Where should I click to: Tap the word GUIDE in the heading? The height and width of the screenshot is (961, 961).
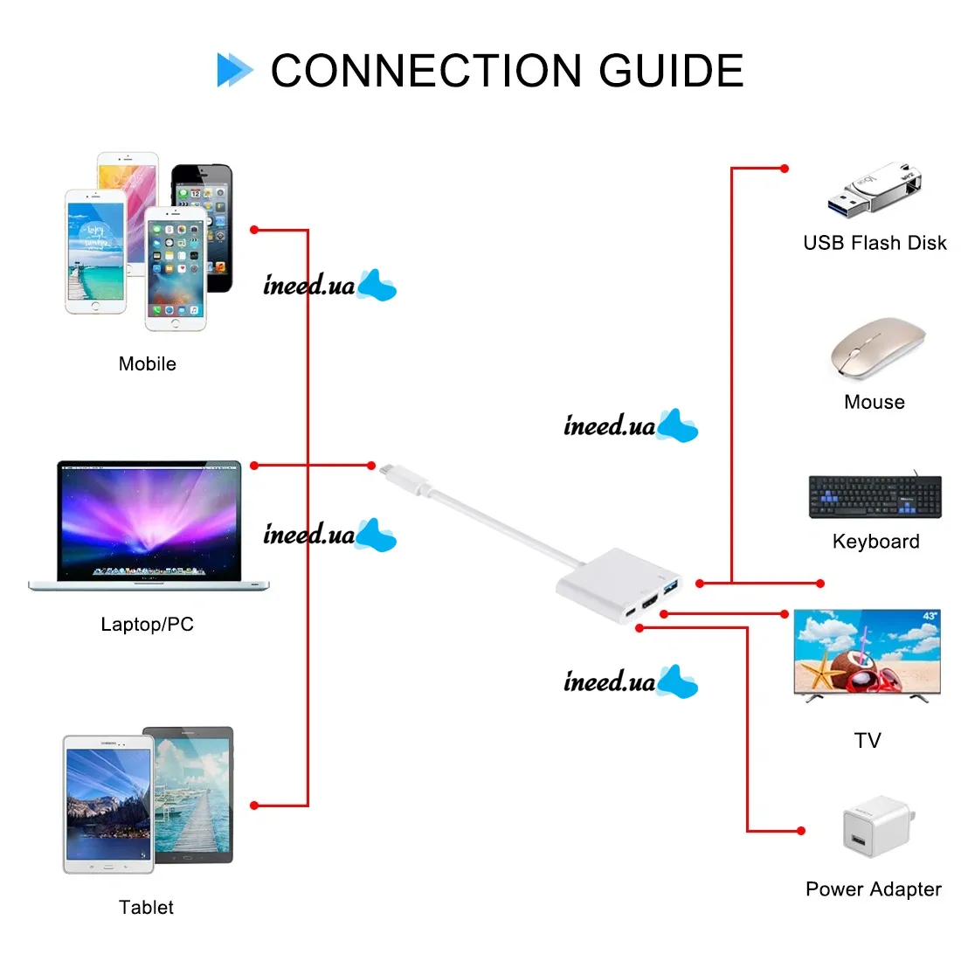(x=671, y=71)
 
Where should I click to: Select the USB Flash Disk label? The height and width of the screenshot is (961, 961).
(x=875, y=243)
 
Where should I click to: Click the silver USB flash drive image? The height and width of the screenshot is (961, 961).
(x=875, y=189)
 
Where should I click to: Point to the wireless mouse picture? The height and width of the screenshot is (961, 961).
(x=878, y=348)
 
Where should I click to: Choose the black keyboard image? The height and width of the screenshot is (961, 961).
(x=875, y=496)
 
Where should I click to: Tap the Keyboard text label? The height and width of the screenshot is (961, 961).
(x=875, y=541)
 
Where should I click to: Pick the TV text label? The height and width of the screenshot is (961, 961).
(x=868, y=740)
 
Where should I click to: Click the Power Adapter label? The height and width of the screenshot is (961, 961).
(x=874, y=889)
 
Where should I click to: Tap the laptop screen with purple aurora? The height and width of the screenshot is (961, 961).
(x=149, y=522)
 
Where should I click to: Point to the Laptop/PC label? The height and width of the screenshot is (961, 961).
(x=147, y=625)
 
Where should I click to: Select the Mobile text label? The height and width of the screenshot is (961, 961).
(x=147, y=364)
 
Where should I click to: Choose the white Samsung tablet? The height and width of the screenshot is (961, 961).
(x=108, y=804)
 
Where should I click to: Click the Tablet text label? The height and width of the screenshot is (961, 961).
(x=146, y=908)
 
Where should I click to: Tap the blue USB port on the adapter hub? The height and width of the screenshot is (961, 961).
(x=671, y=586)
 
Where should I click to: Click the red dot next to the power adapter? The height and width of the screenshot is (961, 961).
(x=801, y=831)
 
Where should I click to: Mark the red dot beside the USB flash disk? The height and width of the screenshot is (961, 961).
(x=785, y=169)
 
